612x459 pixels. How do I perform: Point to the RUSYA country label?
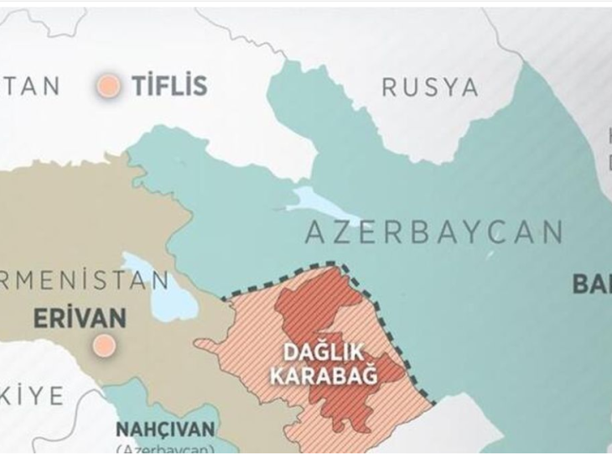(x=429, y=86)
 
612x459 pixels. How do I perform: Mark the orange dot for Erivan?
(x=104, y=344)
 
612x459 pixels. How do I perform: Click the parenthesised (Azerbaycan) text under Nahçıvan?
(x=164, y=451)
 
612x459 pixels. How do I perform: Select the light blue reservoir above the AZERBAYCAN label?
(x=323, y=201)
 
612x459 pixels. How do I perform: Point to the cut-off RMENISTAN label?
(x=84, y=279)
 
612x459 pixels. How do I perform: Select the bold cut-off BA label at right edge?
(x=592, y=284)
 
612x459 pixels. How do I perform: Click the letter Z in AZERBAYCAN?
(x=337, y=231)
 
